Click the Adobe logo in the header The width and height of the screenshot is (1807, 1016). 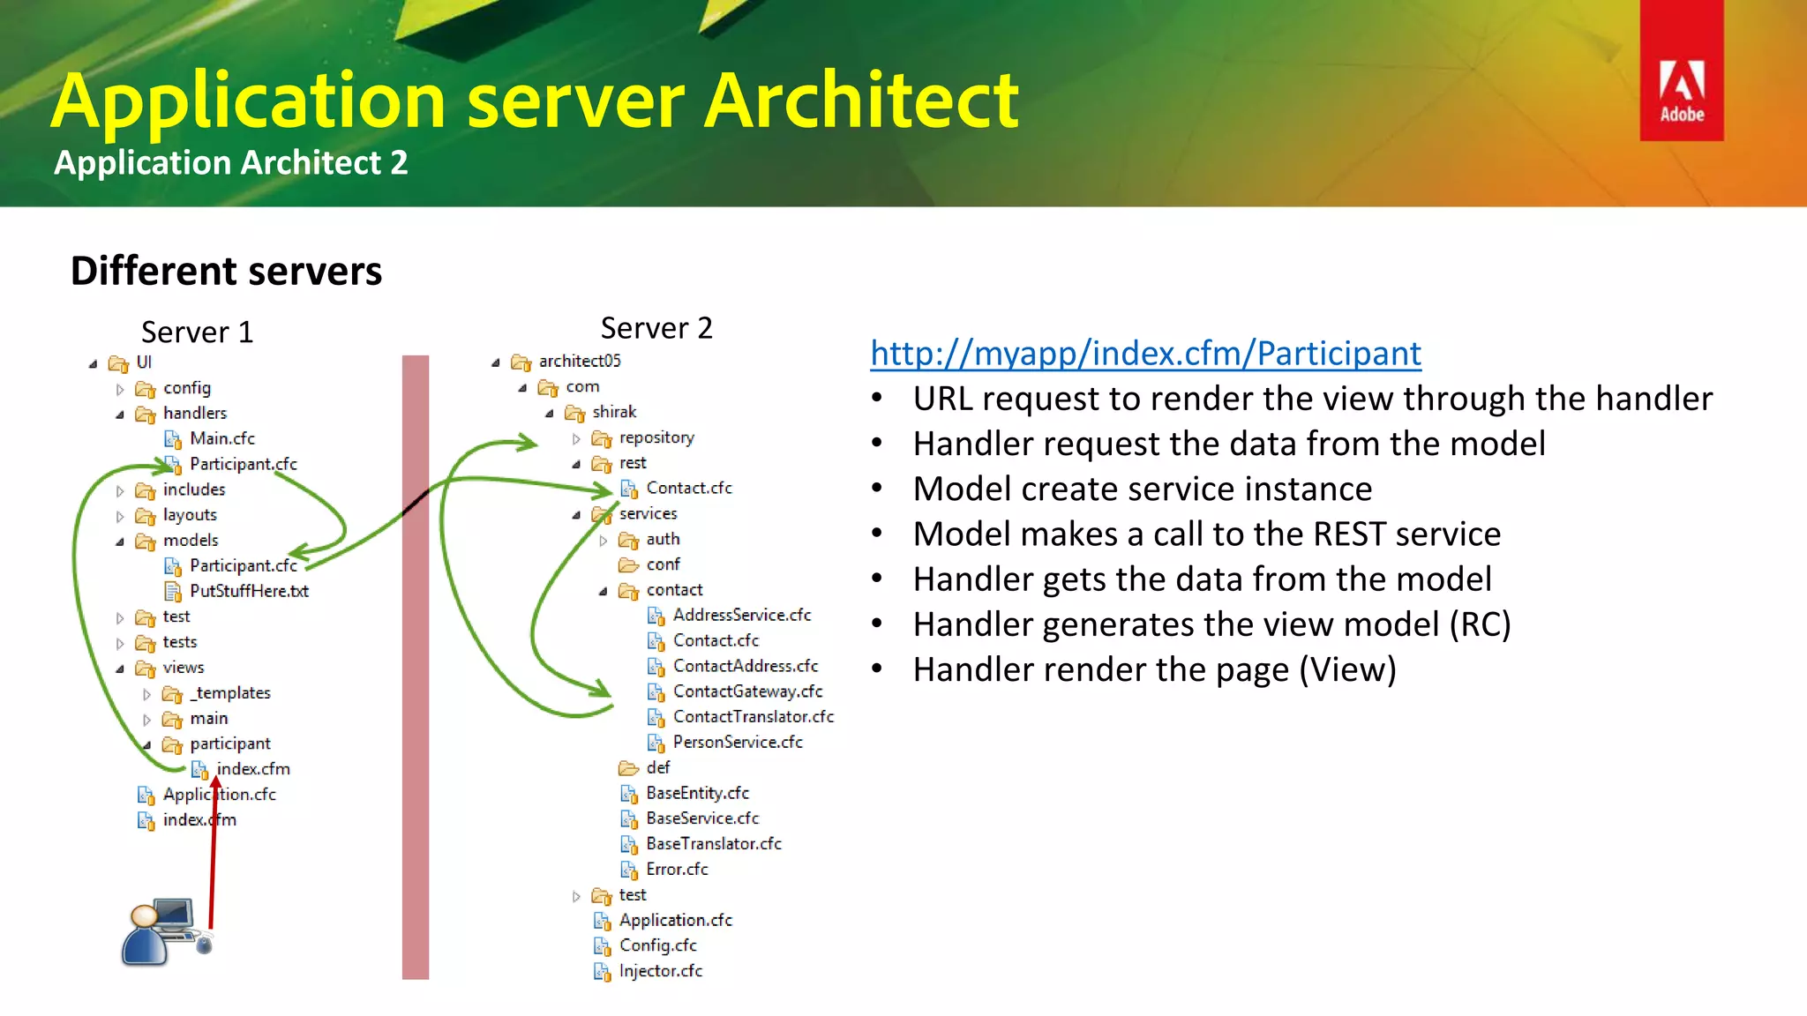pos(1681,71)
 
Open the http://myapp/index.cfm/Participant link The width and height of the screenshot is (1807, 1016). pos(1145,354)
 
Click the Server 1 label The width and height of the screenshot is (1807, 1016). pos(197,332)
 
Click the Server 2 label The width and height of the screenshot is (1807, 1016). pos(656,328)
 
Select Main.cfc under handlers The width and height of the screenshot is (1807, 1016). pos(221,438)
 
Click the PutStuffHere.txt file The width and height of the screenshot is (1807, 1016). pos(248,591)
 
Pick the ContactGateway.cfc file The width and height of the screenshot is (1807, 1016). pos(746,691)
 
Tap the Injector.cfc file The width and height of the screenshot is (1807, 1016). pos(660,971)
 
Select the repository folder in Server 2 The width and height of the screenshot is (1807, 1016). pos(656,437)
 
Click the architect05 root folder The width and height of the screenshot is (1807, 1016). pos(579,361)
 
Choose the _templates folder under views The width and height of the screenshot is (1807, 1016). pos(230,693)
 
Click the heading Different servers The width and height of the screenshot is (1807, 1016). pos(226,271)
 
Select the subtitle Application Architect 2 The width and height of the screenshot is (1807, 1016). pos(230,163)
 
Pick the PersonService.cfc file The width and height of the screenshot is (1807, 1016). pos(737,743)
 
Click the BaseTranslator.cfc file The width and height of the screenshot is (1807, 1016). pos(713,844)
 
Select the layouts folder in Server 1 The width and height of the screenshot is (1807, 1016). pos(189,515)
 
